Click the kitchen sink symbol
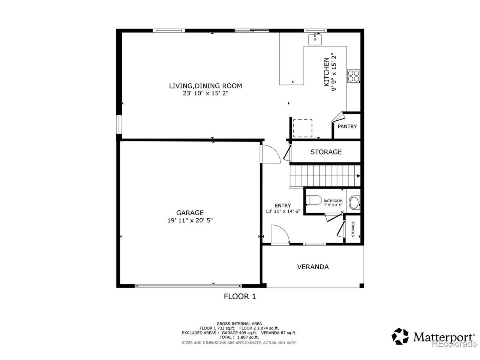(315, 39)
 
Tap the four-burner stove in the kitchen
(353, 76)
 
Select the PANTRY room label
(347, 126)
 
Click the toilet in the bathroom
(313, 200)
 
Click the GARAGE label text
(190, 213)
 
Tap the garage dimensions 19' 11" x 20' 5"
(190, 220)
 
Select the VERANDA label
(313, 267)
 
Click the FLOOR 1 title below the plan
(240, 297)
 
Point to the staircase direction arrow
(358, 176)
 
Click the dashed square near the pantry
(303, 128)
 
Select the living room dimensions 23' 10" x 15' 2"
(205, 93)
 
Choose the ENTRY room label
(283, 205)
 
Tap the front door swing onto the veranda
(280, 234)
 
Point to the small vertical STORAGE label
(353, 229)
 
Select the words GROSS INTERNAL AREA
(239, 324)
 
